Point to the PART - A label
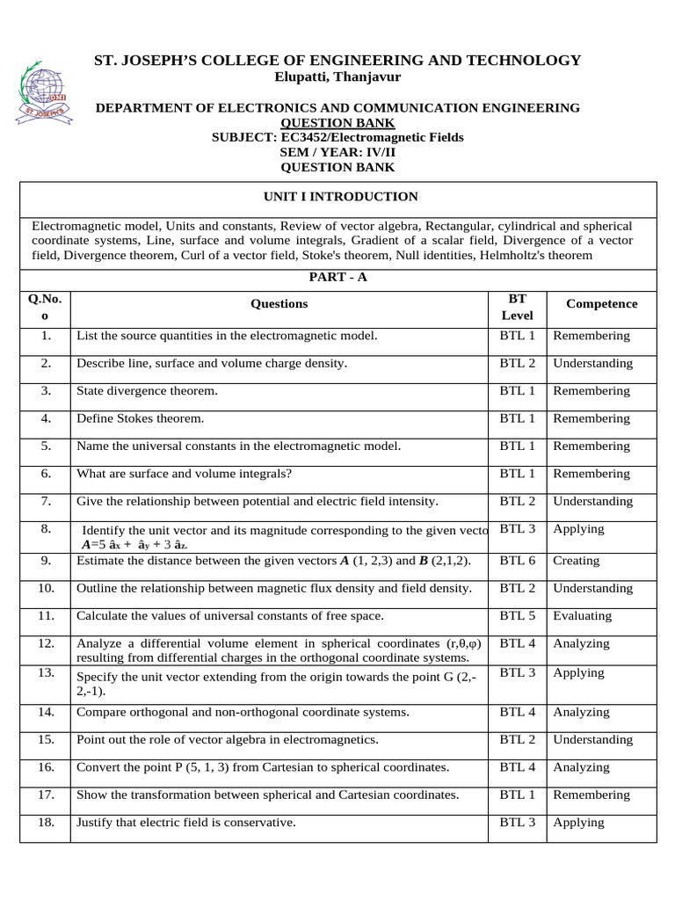point(337,277)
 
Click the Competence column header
point(601,304)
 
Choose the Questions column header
point(279,304)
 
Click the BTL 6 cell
point(518,561)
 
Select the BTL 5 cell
point(518,616)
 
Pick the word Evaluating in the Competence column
point(582,616)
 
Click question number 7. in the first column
point(46,501)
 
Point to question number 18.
point(47,823)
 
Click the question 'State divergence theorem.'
point(147,391)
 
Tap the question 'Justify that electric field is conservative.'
point(186,824)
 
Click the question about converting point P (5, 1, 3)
point(263,767)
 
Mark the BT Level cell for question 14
point(518,712)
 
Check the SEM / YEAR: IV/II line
point(337,152)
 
